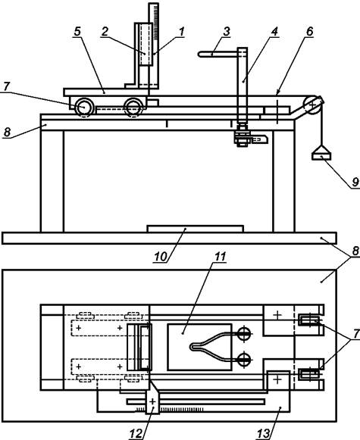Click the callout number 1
pos(182,32)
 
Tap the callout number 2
pos(105,32)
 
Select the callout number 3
pos(227,32)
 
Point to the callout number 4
pos(274,32)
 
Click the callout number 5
pos(77,32)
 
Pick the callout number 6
pos(309,32)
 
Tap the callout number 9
pos(355,182)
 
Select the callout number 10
pos(161,257)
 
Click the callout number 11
pos(221,257)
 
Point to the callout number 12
pos(136,434)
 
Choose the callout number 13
pos(264,434)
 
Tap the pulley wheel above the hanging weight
pos(312,106)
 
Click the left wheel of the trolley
pos(83,108)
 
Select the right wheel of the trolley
pos(134,108)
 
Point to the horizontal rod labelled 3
pos(218,55)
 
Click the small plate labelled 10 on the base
pos(196,229)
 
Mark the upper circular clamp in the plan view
pos(244,334)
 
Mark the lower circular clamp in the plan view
pos(244,360)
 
